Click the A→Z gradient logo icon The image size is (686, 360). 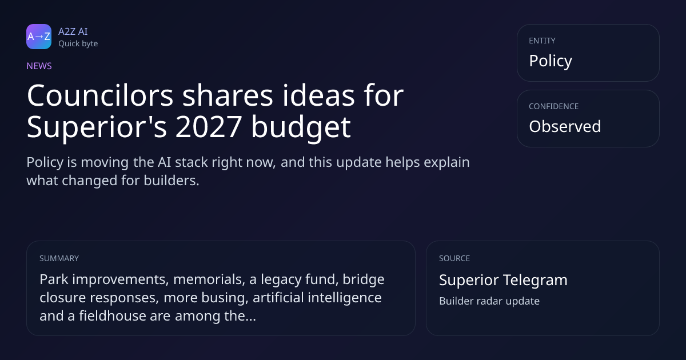(39, 37)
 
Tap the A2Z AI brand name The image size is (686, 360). (73, 31)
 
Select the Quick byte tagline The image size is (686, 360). (78, 44)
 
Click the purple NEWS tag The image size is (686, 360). (39, 66)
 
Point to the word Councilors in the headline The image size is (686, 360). (100, 95)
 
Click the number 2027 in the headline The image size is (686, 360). (209, 127)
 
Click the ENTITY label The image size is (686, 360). (542, 41)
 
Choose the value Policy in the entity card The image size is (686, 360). (551, 61)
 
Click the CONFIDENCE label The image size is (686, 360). (554, 106)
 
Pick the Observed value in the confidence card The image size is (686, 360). (565, 126)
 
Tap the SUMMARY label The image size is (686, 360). (59, 258)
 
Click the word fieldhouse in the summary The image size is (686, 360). (113, 316)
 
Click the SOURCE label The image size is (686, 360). (454, 258)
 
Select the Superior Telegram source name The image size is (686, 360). (503, 280)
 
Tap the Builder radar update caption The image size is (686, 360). (489, 301)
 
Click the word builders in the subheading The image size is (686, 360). (171, 181)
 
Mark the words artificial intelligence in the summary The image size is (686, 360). (317, 298)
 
